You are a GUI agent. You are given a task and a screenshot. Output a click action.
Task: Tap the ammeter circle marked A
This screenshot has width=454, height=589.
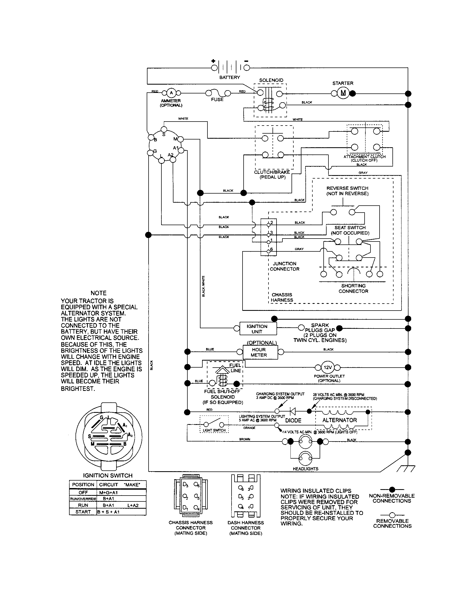point(171,93)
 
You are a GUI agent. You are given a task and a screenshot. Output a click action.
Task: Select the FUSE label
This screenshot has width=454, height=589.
point(217,100)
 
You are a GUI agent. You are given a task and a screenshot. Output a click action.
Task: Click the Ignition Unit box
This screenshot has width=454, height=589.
point(258,329)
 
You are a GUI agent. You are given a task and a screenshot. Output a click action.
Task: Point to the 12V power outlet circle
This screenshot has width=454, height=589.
point(327,367)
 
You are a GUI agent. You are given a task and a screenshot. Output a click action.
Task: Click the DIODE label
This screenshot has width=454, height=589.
point(293,420)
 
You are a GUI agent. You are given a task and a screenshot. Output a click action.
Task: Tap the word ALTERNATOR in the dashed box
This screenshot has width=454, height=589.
point(339,420)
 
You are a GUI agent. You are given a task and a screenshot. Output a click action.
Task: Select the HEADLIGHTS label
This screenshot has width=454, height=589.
point(305,469)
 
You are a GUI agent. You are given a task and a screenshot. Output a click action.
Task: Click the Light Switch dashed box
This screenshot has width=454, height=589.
point(214,424)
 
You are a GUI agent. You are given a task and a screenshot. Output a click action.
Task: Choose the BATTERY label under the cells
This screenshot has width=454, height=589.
point(229,77)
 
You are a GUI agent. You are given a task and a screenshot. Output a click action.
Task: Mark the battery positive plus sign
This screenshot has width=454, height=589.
point(213,61)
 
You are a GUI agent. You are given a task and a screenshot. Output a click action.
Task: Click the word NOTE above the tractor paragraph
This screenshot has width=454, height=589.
point(99,293)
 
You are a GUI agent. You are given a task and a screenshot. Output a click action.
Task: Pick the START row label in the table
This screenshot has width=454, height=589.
point(83,512)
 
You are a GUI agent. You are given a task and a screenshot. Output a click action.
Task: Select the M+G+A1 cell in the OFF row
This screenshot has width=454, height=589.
point(108,492)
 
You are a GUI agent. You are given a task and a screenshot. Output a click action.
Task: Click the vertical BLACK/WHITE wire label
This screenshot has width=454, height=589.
point(203,286)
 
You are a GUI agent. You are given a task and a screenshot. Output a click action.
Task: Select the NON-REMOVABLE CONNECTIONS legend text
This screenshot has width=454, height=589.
point(392,498)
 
